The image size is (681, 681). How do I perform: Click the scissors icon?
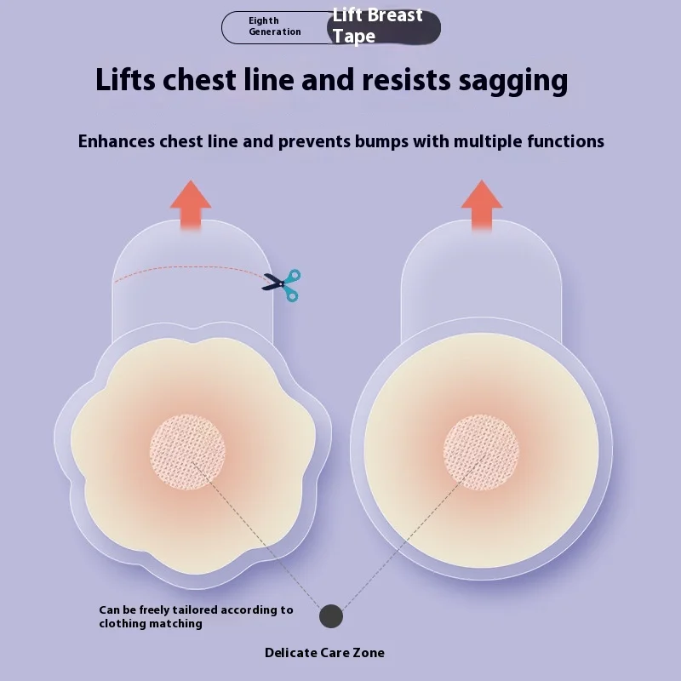coord(282,285)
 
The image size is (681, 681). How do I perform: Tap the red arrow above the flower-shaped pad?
coord(191,204)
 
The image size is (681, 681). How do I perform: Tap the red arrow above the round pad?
coord(482,204)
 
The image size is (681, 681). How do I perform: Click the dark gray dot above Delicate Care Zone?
coord(331,616)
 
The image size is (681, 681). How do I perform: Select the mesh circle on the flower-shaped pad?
coord(187,451)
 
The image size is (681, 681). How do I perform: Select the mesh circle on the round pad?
coord(481,452)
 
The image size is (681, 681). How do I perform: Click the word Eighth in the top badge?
coord(264,20)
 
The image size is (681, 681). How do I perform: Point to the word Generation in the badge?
coord(275,32)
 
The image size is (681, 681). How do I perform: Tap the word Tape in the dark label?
coord(353,37)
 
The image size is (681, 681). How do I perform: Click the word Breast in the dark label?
coord(395,15)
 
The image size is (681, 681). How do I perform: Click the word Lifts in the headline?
coord(128,81)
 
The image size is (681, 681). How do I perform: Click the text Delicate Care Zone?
coord(324,653)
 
